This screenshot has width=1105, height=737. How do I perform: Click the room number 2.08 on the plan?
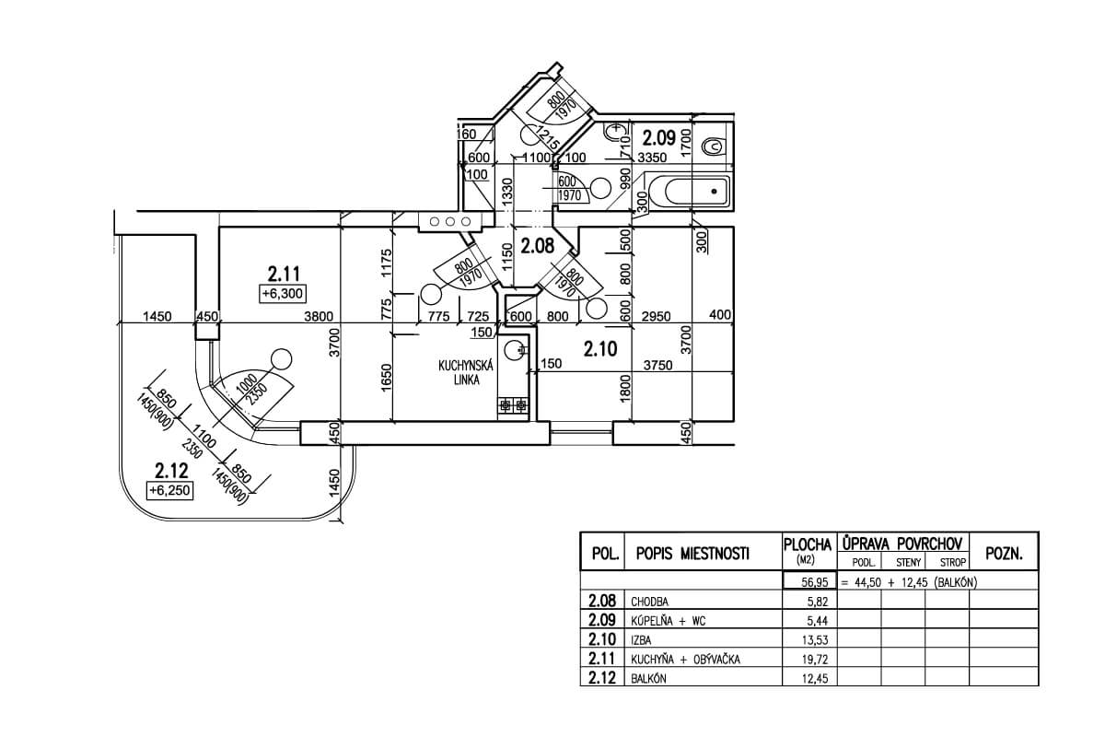pos(537,246)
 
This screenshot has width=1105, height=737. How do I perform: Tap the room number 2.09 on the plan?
pos(660,139)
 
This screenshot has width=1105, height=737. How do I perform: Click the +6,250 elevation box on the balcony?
pos(169,491)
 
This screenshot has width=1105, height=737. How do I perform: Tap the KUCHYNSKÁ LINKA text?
pos(466,372)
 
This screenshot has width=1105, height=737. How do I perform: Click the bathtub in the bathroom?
pos(687,193)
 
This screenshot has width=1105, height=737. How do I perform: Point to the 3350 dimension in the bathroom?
pos(653,158)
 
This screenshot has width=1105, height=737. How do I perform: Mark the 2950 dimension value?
pos(655,317)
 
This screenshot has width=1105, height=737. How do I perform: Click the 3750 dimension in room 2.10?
pos(657,365)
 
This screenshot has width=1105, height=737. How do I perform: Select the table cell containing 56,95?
pos(808,582)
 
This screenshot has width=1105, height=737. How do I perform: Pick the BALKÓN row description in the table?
pos(648,680)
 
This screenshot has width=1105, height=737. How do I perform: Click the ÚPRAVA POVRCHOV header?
pos(901,544)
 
